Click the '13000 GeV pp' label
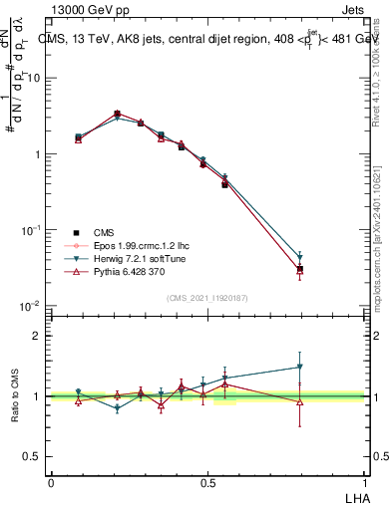coord(87,8)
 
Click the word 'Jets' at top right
coord(352,8)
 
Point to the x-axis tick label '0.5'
coord(207,482)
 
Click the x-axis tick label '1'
coord(363,482)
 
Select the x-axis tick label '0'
coord(51,482)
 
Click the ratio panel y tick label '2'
coord(38,336)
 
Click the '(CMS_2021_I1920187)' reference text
coord(207,298)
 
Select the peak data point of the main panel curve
coord(118,115)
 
